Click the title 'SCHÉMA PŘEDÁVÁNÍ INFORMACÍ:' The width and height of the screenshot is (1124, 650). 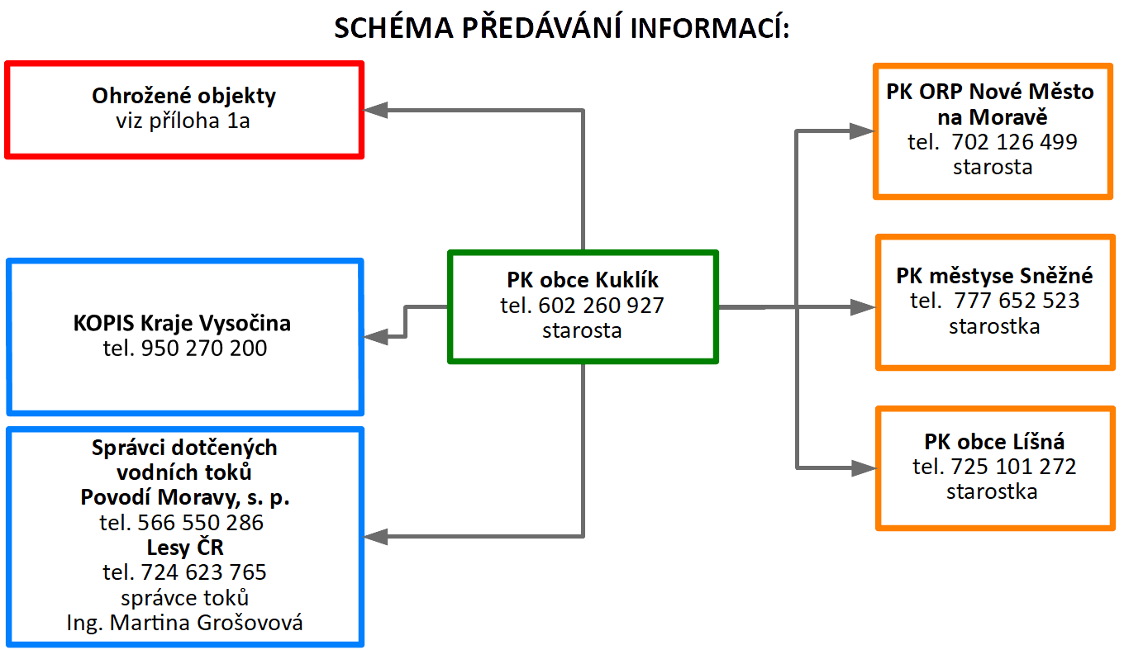[x=562, y=27]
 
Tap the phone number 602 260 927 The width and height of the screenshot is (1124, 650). [x=601, y=306]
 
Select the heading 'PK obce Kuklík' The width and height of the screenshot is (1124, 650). [x=583, y=280]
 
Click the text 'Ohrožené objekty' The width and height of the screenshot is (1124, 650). [x=183, y=96]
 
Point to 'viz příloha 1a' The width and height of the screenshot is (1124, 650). [x=183, y=121]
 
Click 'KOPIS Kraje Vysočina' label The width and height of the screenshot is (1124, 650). [x=182, y=324]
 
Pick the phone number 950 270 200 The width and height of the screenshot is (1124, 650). [x=204, y=348]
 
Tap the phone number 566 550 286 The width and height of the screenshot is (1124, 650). [x=201, y=523]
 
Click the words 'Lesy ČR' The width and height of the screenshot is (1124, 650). [x=185, y=548]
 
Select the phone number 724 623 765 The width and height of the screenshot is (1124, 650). [x=203, y=572]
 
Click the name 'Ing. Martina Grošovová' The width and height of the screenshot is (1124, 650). [x=184, y=623]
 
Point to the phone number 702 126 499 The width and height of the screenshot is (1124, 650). [x=1014, y=142]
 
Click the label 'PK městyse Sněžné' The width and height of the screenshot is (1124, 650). [x=994, y=276]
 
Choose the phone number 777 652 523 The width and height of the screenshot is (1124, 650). [x=1017, y=301]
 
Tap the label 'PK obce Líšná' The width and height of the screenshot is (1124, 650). [x=994, y=442]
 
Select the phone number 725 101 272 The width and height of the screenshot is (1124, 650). [x=1013, y=467]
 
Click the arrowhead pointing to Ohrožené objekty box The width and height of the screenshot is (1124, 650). [x=375, y=111]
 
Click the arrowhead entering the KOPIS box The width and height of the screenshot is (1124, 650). [x=375, y=336]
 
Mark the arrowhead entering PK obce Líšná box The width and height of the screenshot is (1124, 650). [x=864, y=468]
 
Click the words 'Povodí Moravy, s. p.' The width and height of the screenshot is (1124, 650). [x=185, y=497]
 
